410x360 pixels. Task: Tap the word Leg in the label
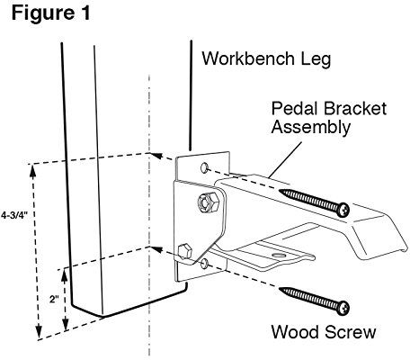(x=316, y=59)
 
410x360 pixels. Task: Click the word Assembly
(x=311, y=128)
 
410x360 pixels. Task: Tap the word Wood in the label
(x=295, y=332)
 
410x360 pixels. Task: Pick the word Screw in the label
(x=350, y=332)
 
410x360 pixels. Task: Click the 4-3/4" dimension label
(x=14, y=215)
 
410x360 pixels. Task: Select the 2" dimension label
(x=54, y=299)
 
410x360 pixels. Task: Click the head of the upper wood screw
(x=343, y=210)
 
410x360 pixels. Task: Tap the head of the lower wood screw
(x=343, y=308)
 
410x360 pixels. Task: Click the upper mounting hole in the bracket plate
(x=204, y=167)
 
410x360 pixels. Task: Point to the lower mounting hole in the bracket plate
(x=205, y=264)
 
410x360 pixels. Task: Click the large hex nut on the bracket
(x=206, y=202)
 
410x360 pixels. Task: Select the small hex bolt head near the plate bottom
(x=184, y=251)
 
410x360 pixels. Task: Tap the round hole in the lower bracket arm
(x=279, y=256)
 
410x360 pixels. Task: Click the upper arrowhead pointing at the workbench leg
(x=156, y=156)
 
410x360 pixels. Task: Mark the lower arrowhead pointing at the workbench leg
(x=156, y=249)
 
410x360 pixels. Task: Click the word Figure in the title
(x=42, y=14)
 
